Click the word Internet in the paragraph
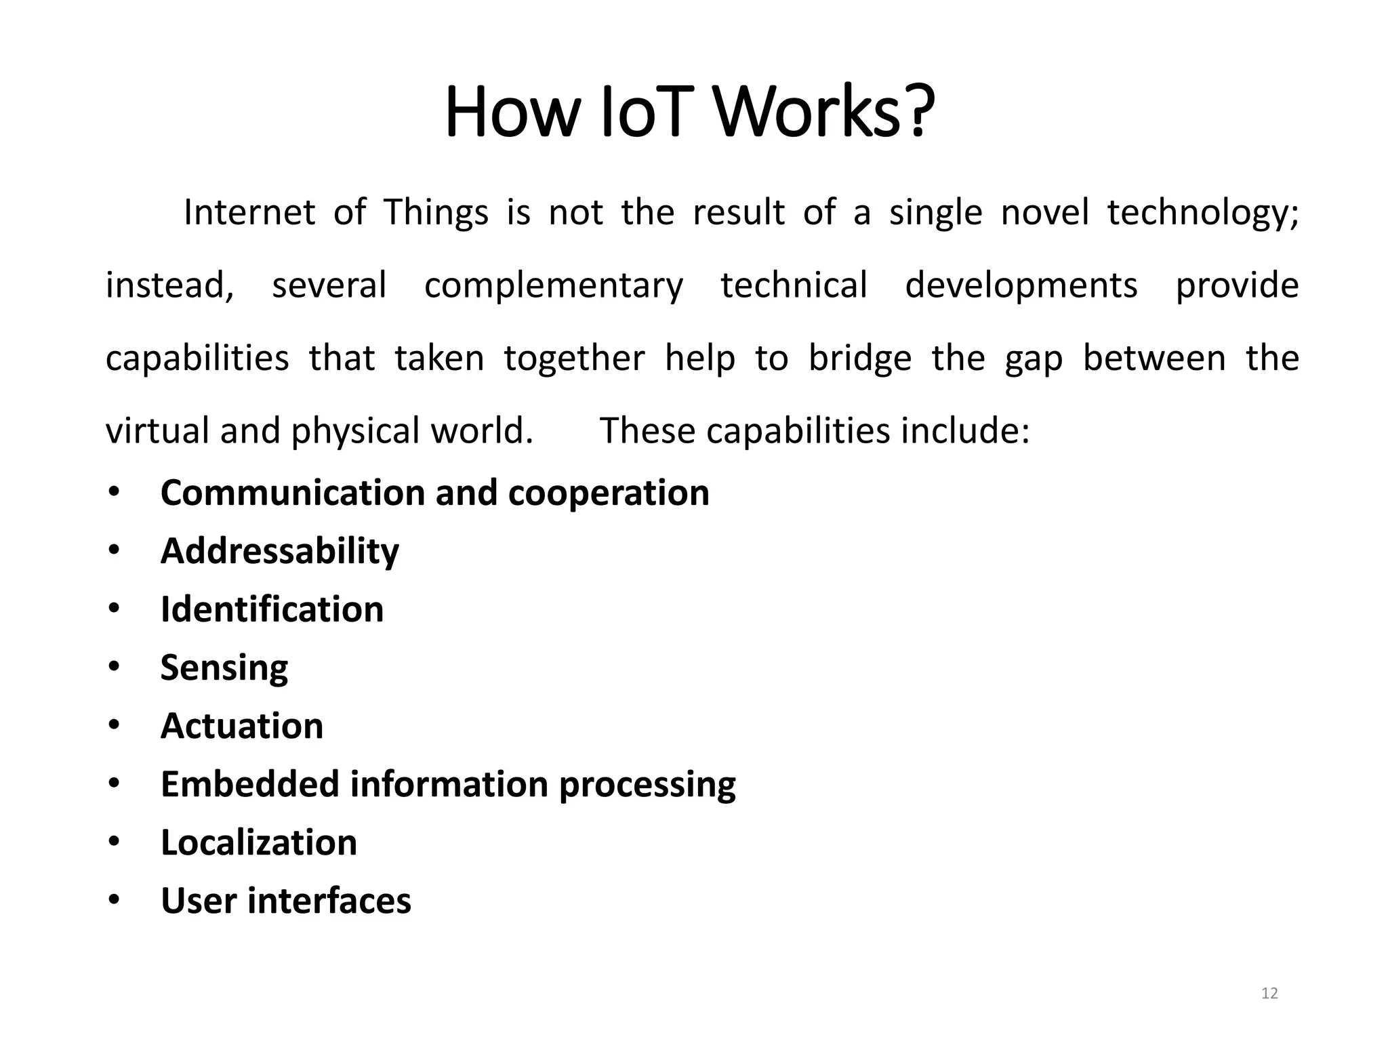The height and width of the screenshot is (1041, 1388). pyautogui.click(x=249, y=212)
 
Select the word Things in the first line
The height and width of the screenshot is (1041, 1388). pyautogui.click(x=436, y=212)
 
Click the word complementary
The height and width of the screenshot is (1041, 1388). pyautogui.click(x=554, y=285)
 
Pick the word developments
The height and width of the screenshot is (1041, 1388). pyautogui.click(x=1021, y=285)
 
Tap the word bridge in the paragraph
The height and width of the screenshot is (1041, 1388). pyautogui.click(x=860, y=358)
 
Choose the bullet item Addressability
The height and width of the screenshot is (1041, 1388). pyautogui.click(x=280, y=551)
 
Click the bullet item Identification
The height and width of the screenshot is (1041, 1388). pyautogui.click(x=272, y=609)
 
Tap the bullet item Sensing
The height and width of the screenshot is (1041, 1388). pyautogui.click(x=224, y=668)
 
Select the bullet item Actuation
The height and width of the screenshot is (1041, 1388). pyautogui.click(x=242, y=726)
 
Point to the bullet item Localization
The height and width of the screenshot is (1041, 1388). pyautogui.click(x=259, y=842)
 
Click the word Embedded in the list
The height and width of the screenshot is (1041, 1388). pyautogui.click(x=250, y=784)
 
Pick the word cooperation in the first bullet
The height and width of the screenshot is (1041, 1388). pyautogui.click(x=609, y=493)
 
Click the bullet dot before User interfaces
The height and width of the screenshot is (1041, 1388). pyautogui.click(x=113, y=900)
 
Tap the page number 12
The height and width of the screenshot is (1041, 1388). pyautogui.click(x=1269, y=994)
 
